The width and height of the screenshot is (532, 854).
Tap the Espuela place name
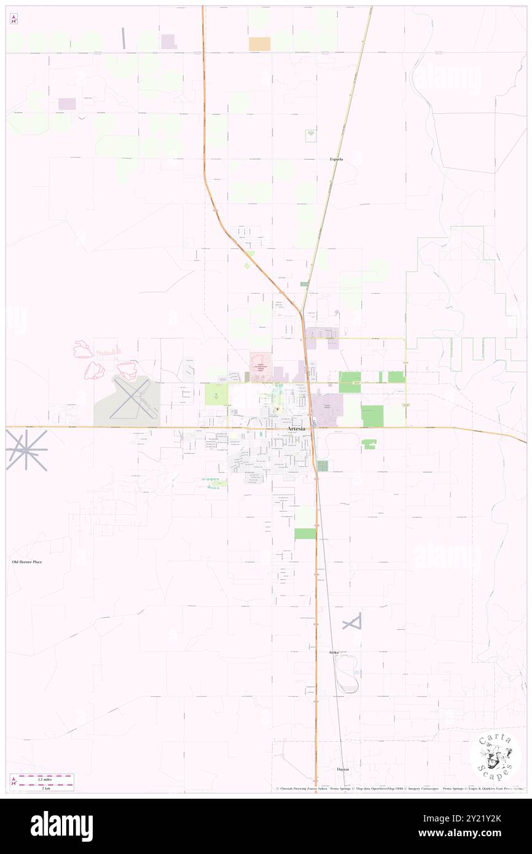[336, 159]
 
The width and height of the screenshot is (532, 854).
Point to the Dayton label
[343, 769]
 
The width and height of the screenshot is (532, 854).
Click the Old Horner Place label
[28, 562]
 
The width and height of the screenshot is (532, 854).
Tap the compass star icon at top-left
[14, 18]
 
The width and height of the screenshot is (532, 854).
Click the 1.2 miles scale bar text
[41, 777]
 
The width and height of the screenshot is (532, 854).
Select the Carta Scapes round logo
[495, 758]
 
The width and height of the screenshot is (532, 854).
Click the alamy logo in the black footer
[61, 826]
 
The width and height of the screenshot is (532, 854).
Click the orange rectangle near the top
[259, 44]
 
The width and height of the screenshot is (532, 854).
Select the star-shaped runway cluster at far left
[26, 450]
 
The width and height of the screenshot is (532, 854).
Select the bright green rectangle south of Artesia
[305, 534]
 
